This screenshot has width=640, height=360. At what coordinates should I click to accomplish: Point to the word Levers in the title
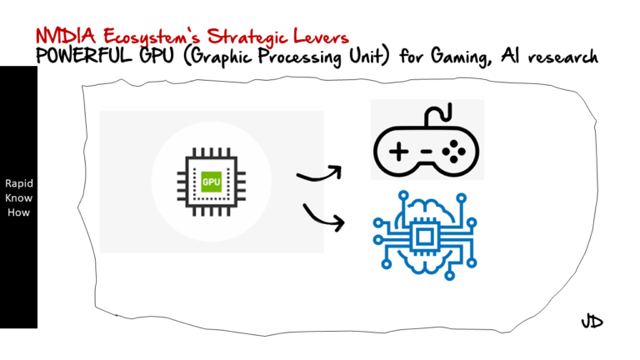click(x=321, y=36)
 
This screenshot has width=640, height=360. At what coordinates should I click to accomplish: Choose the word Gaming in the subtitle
click(x=472, y=57)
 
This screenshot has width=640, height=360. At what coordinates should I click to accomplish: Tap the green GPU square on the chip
click(x=211, y=182)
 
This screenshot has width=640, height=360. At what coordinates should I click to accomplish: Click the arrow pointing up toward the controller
click(x=319, y=174)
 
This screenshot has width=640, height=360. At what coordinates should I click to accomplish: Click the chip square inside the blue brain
click(x=425, y=235)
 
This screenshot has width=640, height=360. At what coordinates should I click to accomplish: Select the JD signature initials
click(x=592, y=322)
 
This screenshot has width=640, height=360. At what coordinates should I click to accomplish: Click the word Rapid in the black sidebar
click(x=18, y=183)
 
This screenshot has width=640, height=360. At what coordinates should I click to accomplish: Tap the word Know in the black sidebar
click(x=18, y=197)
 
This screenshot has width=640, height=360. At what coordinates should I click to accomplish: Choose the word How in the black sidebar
click(x=18, y=212)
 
